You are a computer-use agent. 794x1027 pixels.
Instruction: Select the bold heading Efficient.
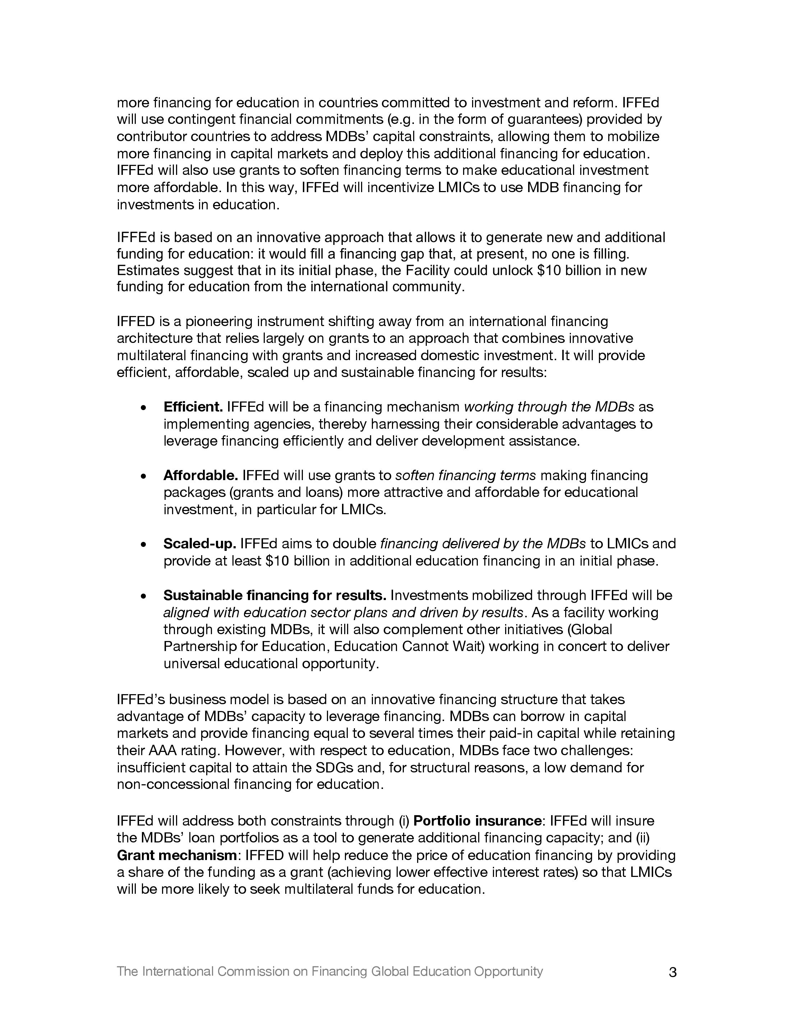(193, 407)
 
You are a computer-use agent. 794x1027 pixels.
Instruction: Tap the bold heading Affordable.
(201, 475)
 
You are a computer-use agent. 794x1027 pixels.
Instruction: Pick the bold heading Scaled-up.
(199, 544)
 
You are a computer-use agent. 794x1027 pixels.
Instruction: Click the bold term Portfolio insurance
(477, 821)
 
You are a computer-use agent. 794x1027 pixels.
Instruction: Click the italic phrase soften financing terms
(465, 475)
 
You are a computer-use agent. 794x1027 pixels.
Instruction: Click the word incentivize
(394, 187)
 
